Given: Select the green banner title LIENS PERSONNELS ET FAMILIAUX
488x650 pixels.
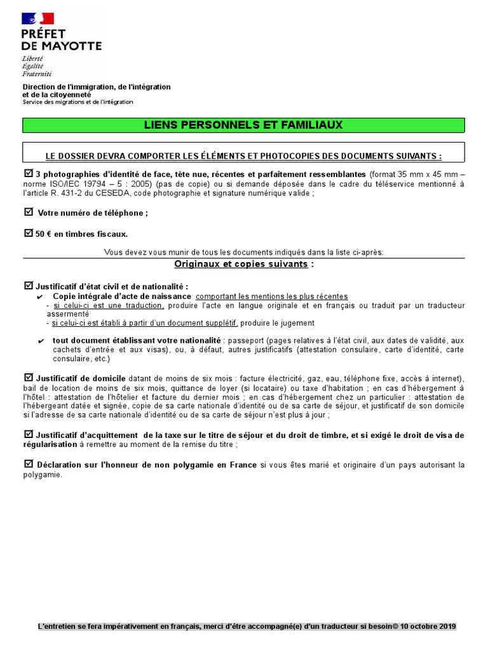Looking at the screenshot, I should coord(244,125).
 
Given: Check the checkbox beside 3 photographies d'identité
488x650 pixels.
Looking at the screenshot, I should coord(28,173).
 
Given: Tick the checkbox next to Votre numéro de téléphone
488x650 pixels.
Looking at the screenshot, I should coord(28,212).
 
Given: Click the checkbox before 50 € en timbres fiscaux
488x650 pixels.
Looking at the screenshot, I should coord(28,233).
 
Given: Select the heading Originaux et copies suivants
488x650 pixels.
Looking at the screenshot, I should coord(241,263).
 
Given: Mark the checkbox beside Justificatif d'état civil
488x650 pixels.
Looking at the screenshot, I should coord(28,286).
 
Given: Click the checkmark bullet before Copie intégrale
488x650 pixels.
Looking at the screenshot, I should coord(41,296).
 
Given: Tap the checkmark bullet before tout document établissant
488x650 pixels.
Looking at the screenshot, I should coord(41,340).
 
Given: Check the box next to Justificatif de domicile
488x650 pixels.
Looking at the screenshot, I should coord(28,378).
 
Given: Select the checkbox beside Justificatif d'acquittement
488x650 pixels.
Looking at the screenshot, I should coord(28,434).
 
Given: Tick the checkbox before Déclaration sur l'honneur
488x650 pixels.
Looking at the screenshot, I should coord(28,464).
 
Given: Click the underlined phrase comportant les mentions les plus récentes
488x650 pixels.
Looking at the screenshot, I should coord(272,296).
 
